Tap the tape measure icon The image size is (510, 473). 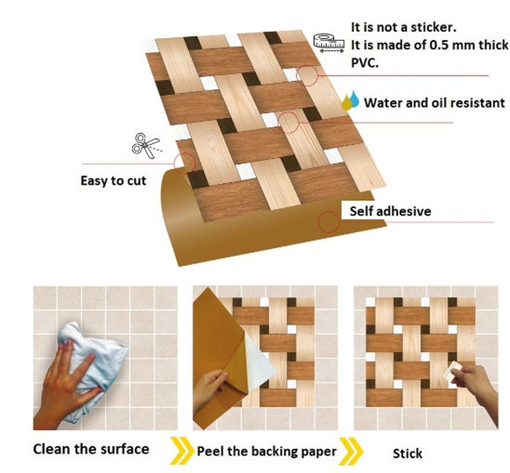[329, 42]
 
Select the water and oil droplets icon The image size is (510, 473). [350, 101]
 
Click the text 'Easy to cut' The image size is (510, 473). [113, 181]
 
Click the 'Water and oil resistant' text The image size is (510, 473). [434, 103]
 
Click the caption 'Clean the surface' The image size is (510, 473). [91, 449]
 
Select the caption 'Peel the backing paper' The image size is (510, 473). [266, 451]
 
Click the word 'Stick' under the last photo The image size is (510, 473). [407, 453]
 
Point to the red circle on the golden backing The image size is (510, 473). [329, 222]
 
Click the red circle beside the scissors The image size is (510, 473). [184, 163]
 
